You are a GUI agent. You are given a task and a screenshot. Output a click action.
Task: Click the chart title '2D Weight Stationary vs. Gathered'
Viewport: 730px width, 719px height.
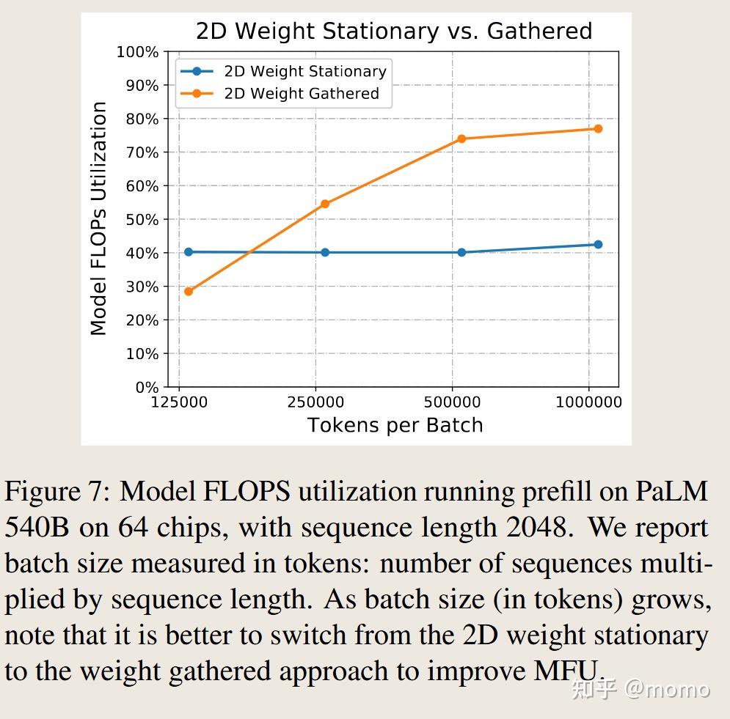393,31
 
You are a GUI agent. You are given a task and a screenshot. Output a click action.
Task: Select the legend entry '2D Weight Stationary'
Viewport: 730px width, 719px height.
304,71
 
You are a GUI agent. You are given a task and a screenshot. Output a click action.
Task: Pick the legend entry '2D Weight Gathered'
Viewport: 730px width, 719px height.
301,94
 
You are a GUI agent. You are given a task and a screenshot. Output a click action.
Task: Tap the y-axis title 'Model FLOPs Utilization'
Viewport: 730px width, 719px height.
98,218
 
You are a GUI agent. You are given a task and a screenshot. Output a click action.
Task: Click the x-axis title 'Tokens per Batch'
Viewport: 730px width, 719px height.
395,425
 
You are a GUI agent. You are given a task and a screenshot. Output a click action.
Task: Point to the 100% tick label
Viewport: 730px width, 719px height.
137,52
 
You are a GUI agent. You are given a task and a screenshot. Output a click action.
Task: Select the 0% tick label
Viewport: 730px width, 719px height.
147,387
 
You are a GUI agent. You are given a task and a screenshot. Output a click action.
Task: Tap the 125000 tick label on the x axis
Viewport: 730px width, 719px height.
178,402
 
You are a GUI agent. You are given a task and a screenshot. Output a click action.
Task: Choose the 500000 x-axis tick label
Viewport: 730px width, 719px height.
452,402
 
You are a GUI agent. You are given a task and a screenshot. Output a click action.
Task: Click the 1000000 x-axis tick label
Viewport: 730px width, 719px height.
588,402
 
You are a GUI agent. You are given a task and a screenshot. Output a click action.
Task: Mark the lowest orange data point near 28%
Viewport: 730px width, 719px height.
189,292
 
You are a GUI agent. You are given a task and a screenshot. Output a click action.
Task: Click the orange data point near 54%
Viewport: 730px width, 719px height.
325,204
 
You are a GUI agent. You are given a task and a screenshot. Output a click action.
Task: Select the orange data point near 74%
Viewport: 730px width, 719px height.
461,139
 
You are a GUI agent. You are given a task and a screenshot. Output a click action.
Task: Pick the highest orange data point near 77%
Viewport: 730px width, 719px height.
598,129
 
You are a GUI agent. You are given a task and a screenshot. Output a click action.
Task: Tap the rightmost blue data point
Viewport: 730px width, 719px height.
598,245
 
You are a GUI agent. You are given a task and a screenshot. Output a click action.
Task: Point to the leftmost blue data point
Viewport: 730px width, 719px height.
189,252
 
